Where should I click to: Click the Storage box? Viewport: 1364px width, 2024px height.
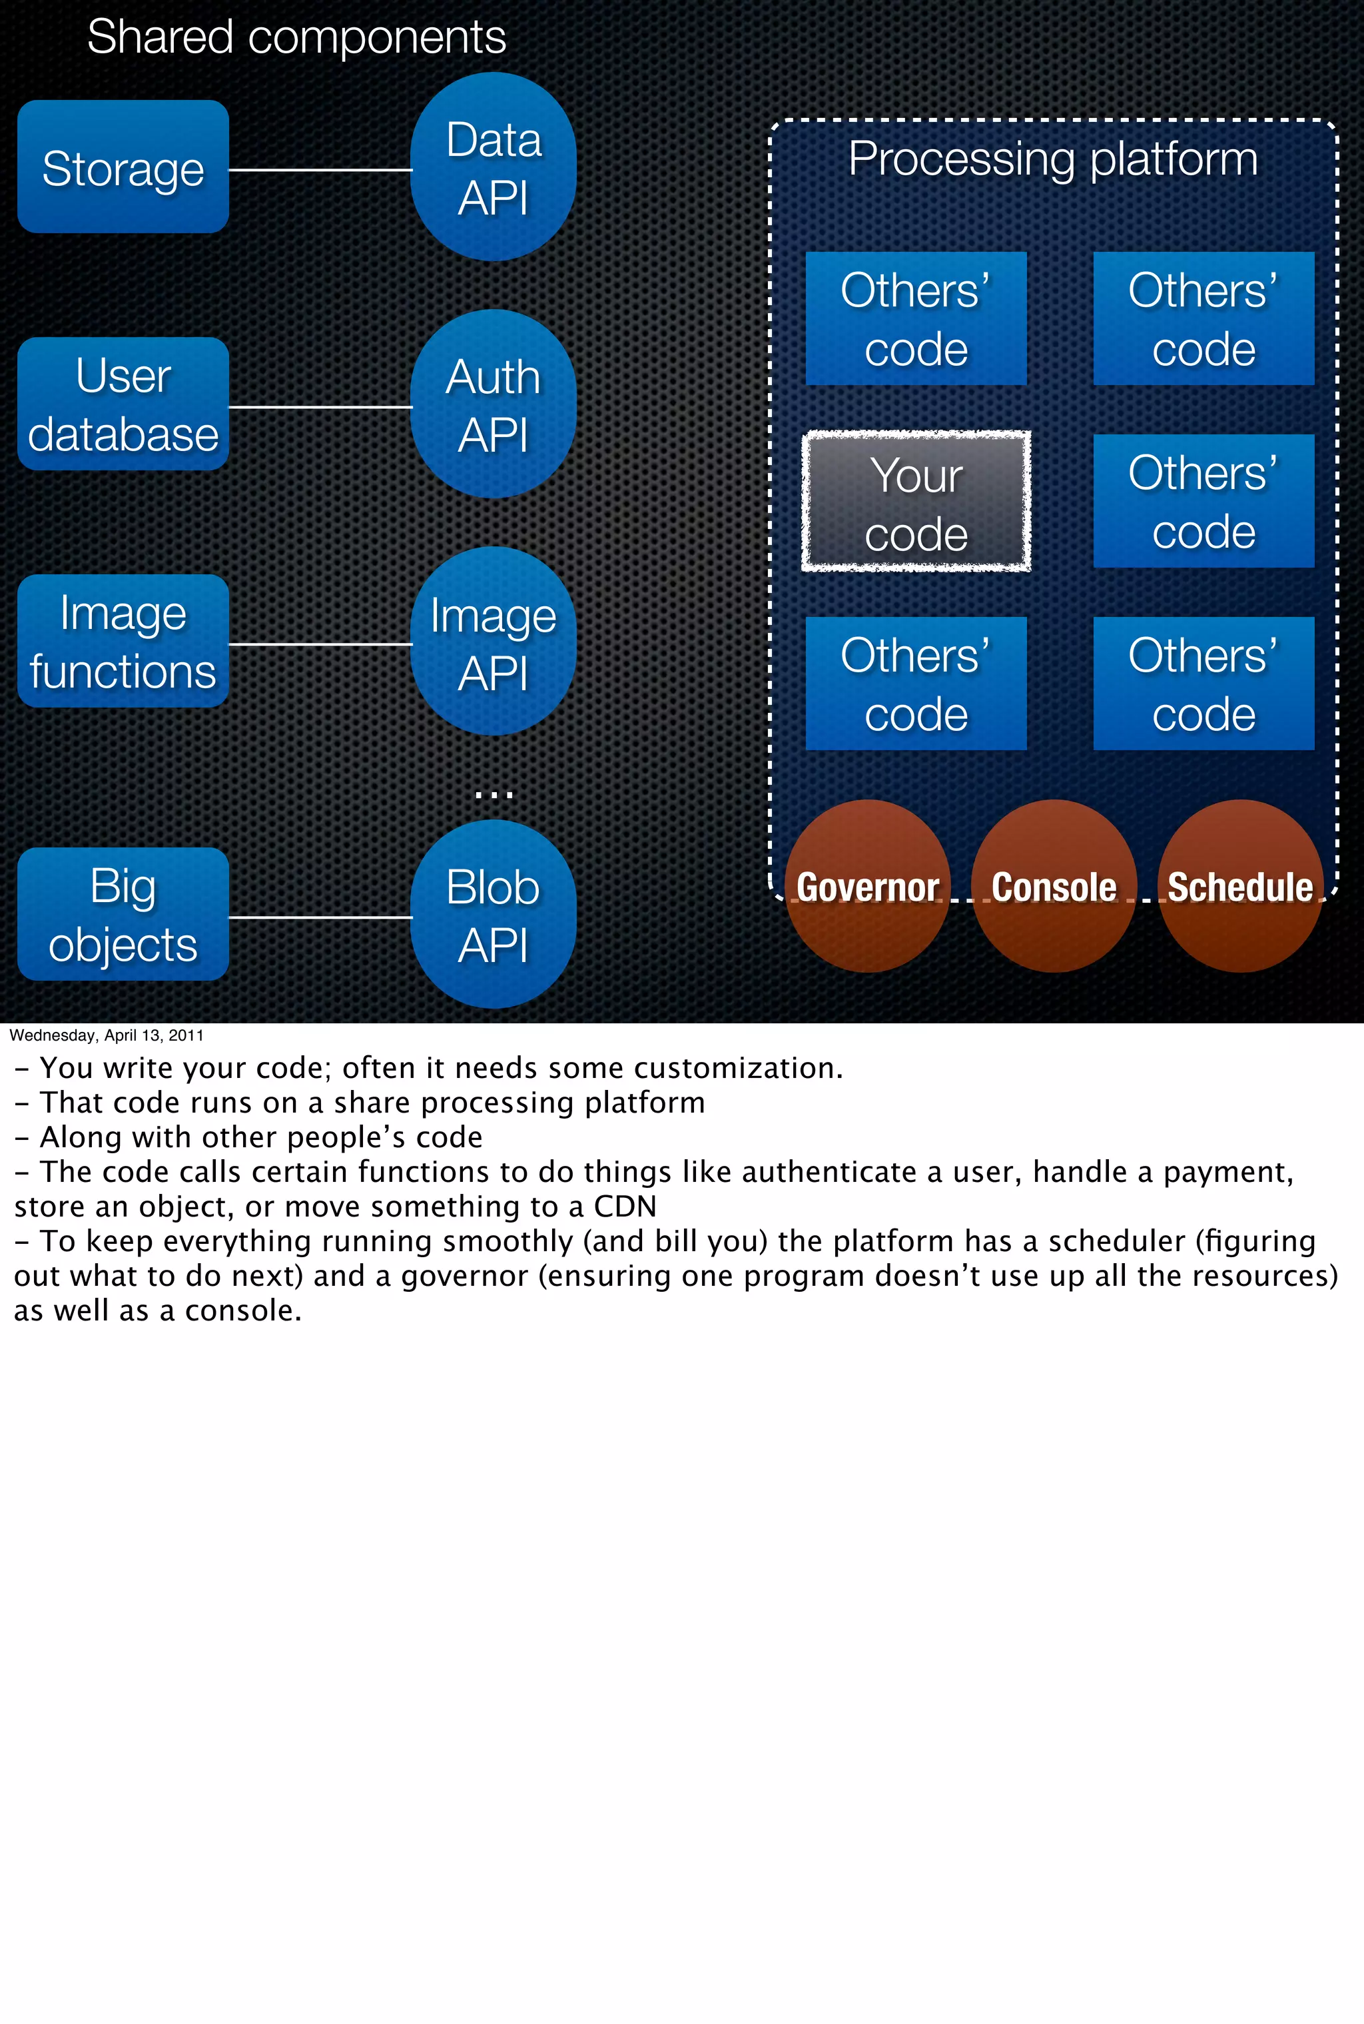(x=123, y=167)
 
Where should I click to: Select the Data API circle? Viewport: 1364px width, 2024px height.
(x=494, y=167)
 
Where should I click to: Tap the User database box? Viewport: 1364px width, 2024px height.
(x=123, y=404)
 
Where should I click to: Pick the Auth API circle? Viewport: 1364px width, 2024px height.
(x=494, y=404)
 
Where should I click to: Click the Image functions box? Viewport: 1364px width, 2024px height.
(x=123, y=642)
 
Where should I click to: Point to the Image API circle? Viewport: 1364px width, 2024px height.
(x=494, y=642)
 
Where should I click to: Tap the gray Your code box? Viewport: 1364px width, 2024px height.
(x=916, y=502)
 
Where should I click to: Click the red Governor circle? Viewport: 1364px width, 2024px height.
(x=867, y=886)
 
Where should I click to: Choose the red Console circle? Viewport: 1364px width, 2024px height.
(x=1054, y=886)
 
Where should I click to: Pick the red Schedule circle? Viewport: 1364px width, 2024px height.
(x=1239, y=886)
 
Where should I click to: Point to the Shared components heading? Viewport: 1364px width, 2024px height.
(x=296, y=37)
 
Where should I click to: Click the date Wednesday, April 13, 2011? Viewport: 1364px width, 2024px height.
(x=106, y=1035)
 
